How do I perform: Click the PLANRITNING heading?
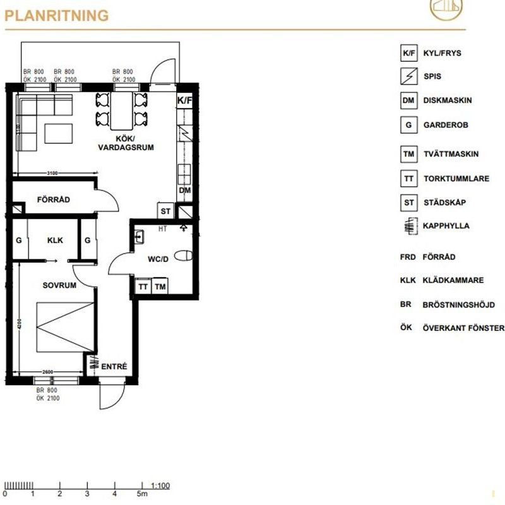tap(57, 16)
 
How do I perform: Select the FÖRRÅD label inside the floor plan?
tap(54, 199)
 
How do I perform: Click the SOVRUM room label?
tap(59, 285)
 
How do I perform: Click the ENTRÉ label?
tap(114, 366)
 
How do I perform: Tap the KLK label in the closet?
tap(55, 241)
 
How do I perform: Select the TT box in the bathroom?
tap(143, 287)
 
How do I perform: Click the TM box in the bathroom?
tap(160, 287)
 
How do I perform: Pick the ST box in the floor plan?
tap(166, 211)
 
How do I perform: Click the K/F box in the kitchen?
tap(184, 100)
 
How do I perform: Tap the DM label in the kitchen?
tap(185, 190)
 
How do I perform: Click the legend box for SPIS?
tap(409, 76)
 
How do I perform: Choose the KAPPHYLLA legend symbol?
tap(409, 225)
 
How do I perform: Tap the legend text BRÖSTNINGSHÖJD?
tap(459, 304)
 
